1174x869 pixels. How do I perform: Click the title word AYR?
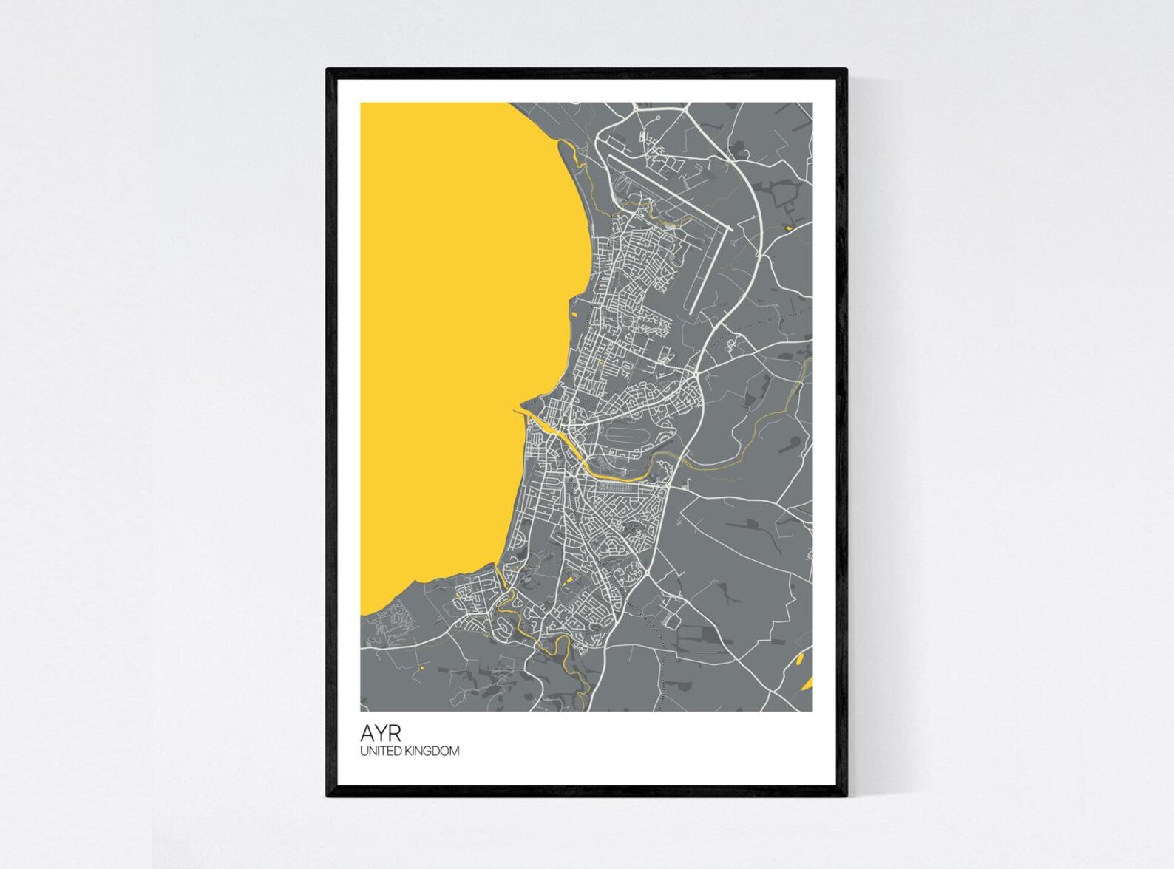tap(381, 733)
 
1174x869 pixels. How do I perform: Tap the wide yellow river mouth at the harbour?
tap(551, 429)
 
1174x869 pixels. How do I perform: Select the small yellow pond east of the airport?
tap(788, 228)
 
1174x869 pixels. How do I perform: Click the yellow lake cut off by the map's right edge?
tap(807, 681)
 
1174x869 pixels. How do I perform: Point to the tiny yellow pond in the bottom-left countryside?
tap(420, 668)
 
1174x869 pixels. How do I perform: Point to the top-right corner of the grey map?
tap(812, 103)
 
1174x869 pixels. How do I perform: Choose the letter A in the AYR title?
tap(367, 733)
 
